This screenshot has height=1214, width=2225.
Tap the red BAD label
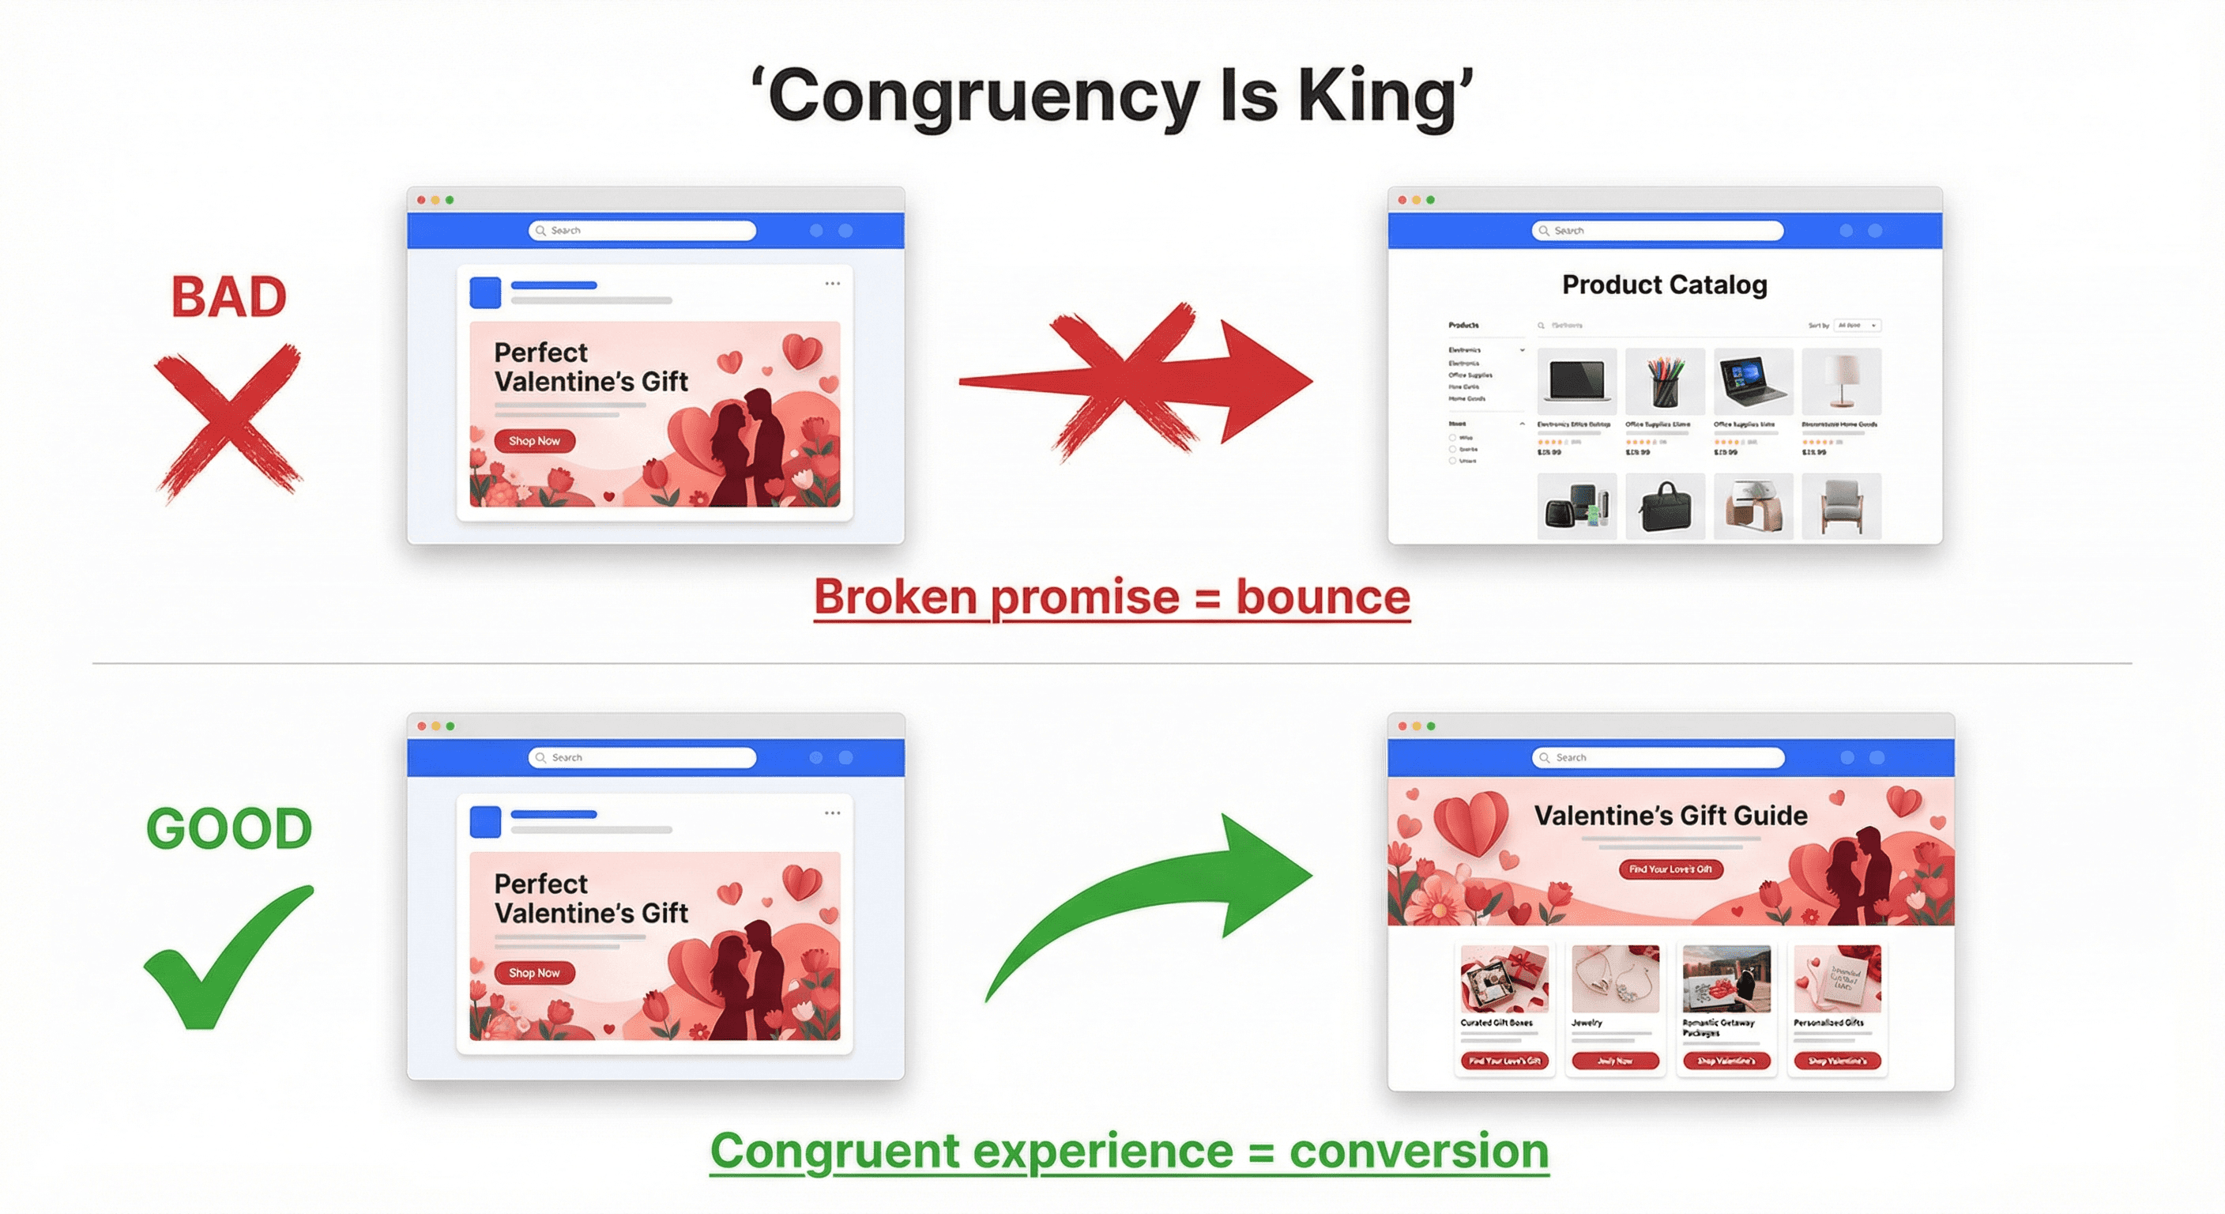point(229,297)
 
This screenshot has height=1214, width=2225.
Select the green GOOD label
point(229,828)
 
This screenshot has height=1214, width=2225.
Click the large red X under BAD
point(228,420)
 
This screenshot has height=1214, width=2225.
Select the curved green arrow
point(1158,899)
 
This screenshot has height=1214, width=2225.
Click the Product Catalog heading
point(1665,285)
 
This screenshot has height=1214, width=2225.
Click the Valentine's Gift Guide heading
point(1670,816)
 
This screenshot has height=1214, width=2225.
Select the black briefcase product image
point(1665,507)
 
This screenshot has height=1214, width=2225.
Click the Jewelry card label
point(1587,1022)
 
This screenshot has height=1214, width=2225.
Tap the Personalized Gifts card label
point(1828,1022)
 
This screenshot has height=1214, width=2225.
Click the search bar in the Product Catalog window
point(1657,231)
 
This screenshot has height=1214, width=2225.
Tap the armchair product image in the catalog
point(1841,507)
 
